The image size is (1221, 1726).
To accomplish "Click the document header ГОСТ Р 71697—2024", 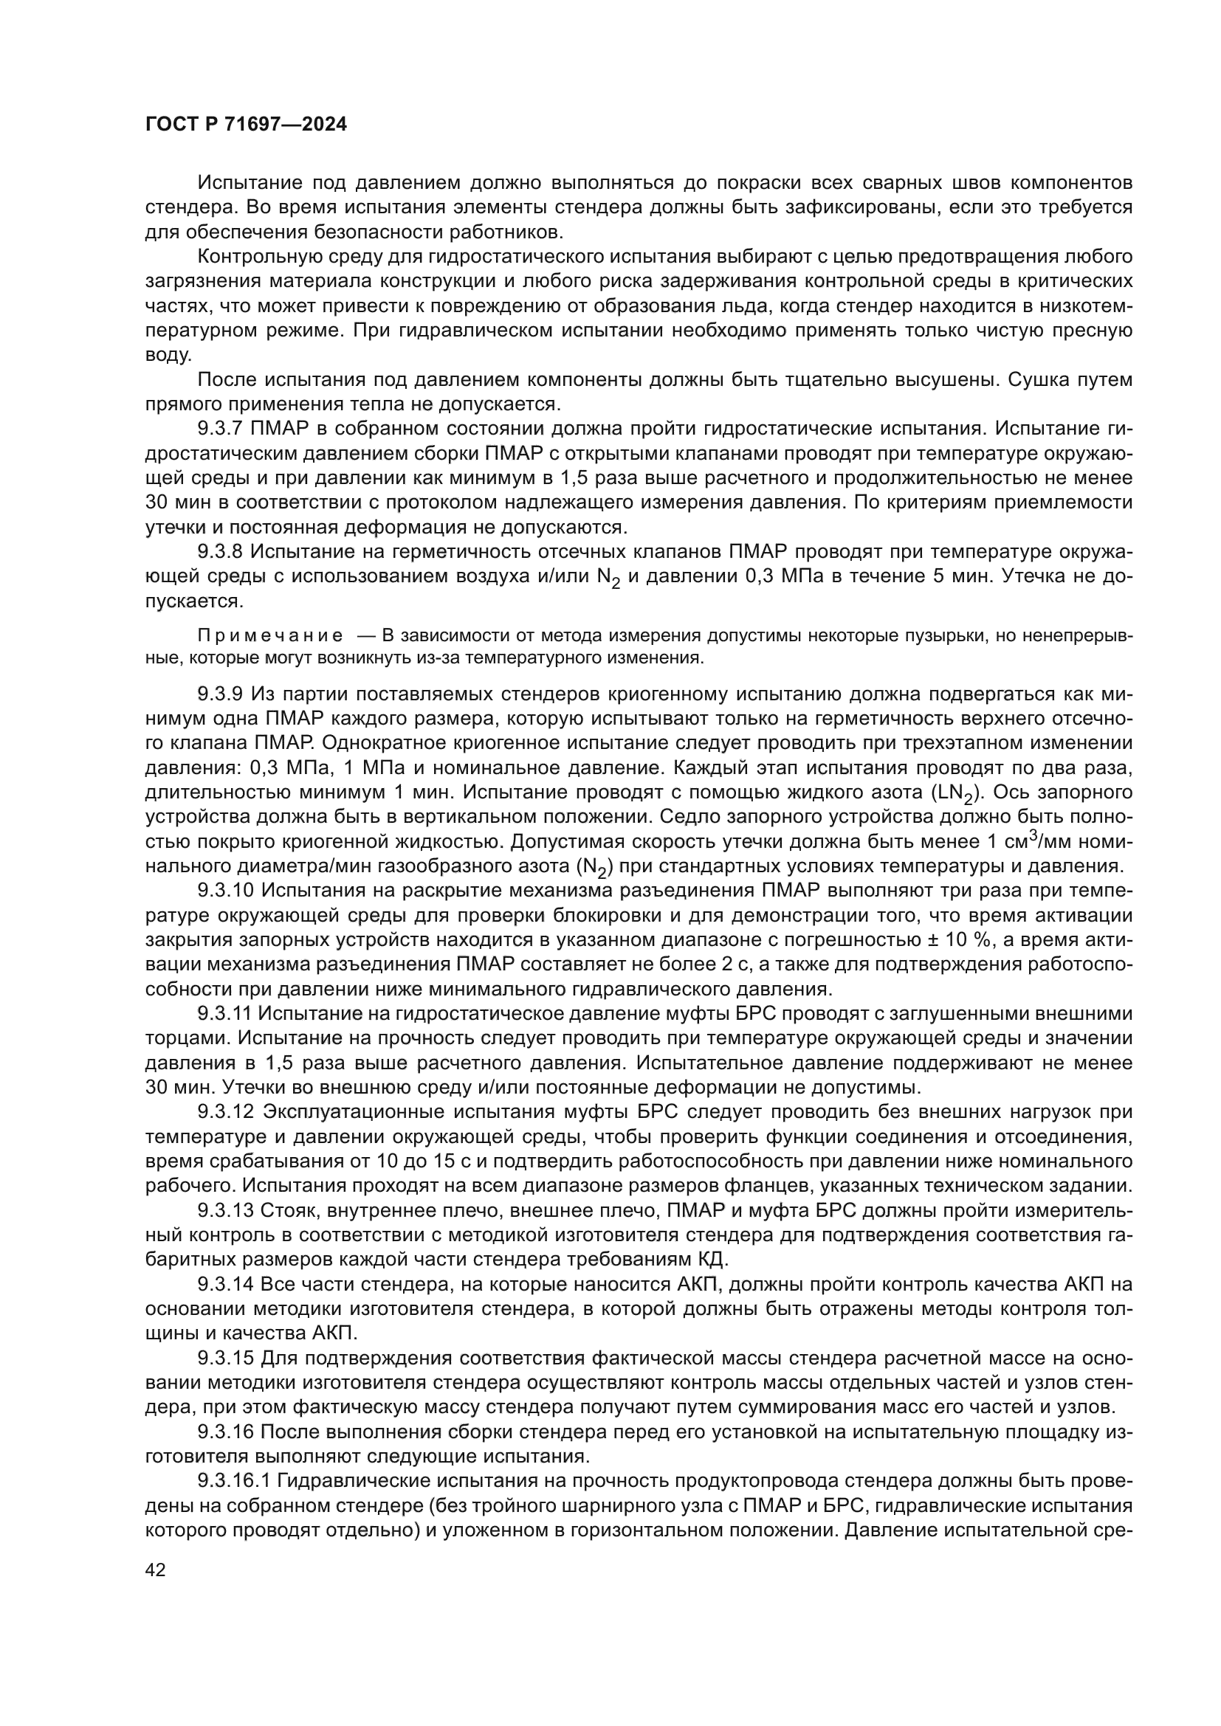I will click(246, 125).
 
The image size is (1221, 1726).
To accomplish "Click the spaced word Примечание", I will click(270, 636).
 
